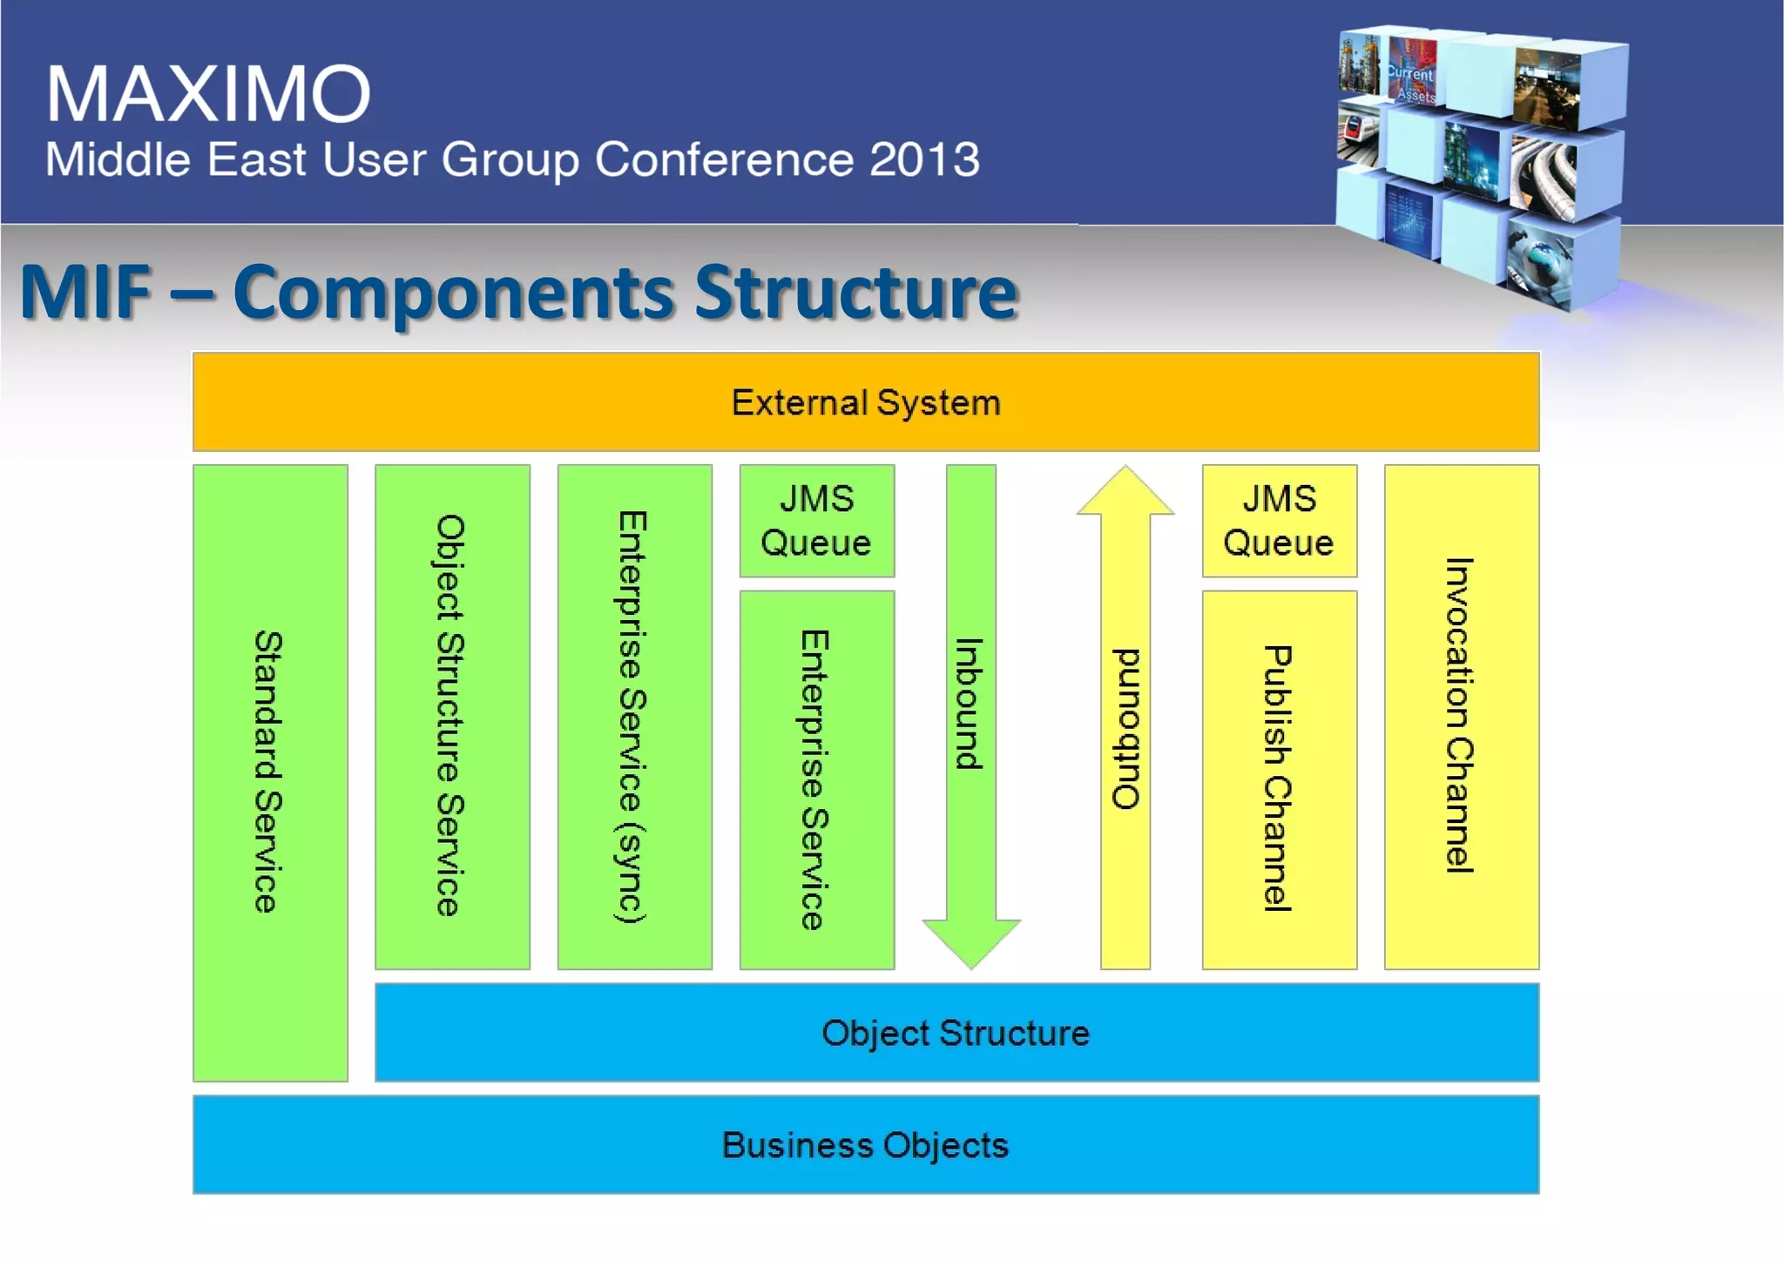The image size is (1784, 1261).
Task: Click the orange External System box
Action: point(865,401)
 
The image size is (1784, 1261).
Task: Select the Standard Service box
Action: point(270,772)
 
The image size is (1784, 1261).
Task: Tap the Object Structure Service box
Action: point(452,716)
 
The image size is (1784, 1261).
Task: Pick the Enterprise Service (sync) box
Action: point(634,716)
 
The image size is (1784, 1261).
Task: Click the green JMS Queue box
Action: point(816,521)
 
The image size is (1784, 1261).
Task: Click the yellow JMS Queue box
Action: point(1279,521)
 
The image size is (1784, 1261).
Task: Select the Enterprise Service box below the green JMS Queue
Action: point(816,779)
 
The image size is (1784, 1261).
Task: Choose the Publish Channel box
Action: point(1279,779)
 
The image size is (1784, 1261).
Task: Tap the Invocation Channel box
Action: point(1461,716)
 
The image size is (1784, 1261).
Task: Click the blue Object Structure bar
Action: point(956,1033)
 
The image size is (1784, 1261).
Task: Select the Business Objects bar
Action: point(865,1144)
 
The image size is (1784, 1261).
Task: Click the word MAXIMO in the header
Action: point(208,93)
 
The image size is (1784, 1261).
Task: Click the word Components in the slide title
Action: point(453,292)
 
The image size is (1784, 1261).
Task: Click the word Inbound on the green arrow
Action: point(970,704)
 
